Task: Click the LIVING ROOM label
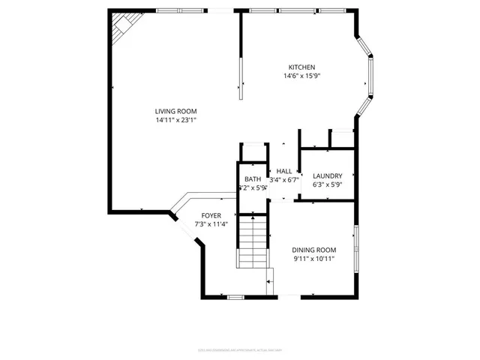[175, 110]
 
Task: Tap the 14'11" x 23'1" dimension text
[175, 119]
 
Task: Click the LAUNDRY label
[327, 175]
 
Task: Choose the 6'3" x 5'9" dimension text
[327, 184]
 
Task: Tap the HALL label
[284, 171]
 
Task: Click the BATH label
[253, 179]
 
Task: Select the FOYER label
[211, 215]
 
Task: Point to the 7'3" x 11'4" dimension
[211, 224]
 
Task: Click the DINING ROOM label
[313, 250]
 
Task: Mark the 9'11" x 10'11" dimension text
[313, 259]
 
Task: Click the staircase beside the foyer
[253, 240]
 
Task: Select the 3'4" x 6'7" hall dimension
[285, 180]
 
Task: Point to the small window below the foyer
[235, 298]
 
